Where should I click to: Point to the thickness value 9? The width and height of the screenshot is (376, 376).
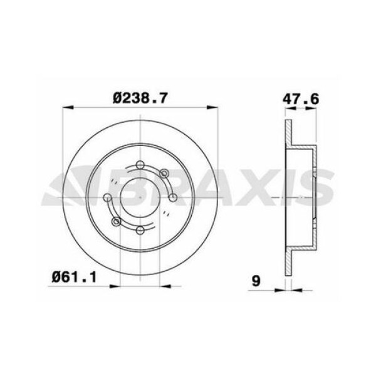[x=256, y=281]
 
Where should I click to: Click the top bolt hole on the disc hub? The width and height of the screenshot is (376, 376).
[x=140, y=165]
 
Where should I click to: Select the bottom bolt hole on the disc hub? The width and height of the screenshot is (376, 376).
[x=140, y=231]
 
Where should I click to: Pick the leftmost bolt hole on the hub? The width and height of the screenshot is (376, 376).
[x=107, y=198]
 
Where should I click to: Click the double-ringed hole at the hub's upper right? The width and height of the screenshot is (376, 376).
[x=164, y=174]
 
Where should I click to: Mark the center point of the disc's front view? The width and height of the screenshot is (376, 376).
[x=140, y=198]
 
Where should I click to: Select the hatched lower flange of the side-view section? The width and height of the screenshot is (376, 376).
[x=288, y=263]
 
